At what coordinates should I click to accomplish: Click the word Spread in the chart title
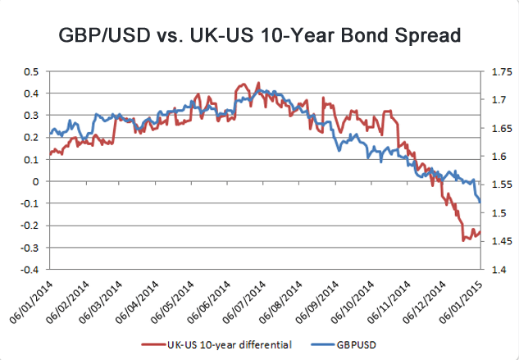(x=415, y=36)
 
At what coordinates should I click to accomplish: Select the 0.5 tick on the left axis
(x=31, y=71)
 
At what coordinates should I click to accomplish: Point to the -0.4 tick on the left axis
(x=30, y=269)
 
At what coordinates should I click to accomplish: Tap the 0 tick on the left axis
(x=36, y=181)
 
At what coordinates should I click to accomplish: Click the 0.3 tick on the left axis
(x=31, y=116)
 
